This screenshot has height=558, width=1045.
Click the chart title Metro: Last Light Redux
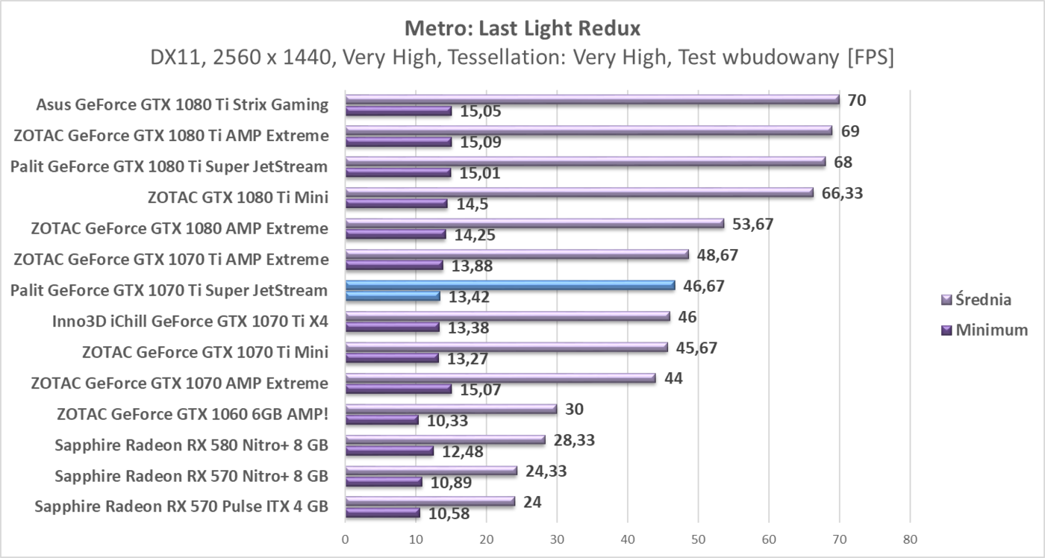tap(522, 28)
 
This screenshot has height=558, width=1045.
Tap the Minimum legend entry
tap(982, 330)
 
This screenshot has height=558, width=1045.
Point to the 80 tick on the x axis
tap(909, 539)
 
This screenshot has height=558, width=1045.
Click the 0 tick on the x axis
tap(346, 539)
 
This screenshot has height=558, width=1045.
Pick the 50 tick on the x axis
tap(698, 539)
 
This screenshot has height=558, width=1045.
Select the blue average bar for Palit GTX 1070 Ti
tap(510, 285)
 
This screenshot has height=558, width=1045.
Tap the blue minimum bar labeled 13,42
tap(393, 296)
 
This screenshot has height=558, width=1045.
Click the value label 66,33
tap(841, 193)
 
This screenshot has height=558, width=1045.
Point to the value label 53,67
tap(752, 224)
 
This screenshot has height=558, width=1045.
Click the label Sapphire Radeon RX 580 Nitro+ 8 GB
tap(191, 445)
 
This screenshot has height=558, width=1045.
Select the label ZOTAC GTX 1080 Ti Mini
tap(238, 197)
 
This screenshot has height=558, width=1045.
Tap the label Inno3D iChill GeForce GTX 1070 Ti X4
tap(190, 322)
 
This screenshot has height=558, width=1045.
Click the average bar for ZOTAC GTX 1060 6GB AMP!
tap(451, 409)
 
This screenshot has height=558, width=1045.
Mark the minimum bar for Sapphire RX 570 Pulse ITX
tap(382, 512)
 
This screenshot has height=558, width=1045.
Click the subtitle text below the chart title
tap(522, 57)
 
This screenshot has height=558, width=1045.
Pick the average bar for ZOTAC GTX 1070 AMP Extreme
tap(500, 378)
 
